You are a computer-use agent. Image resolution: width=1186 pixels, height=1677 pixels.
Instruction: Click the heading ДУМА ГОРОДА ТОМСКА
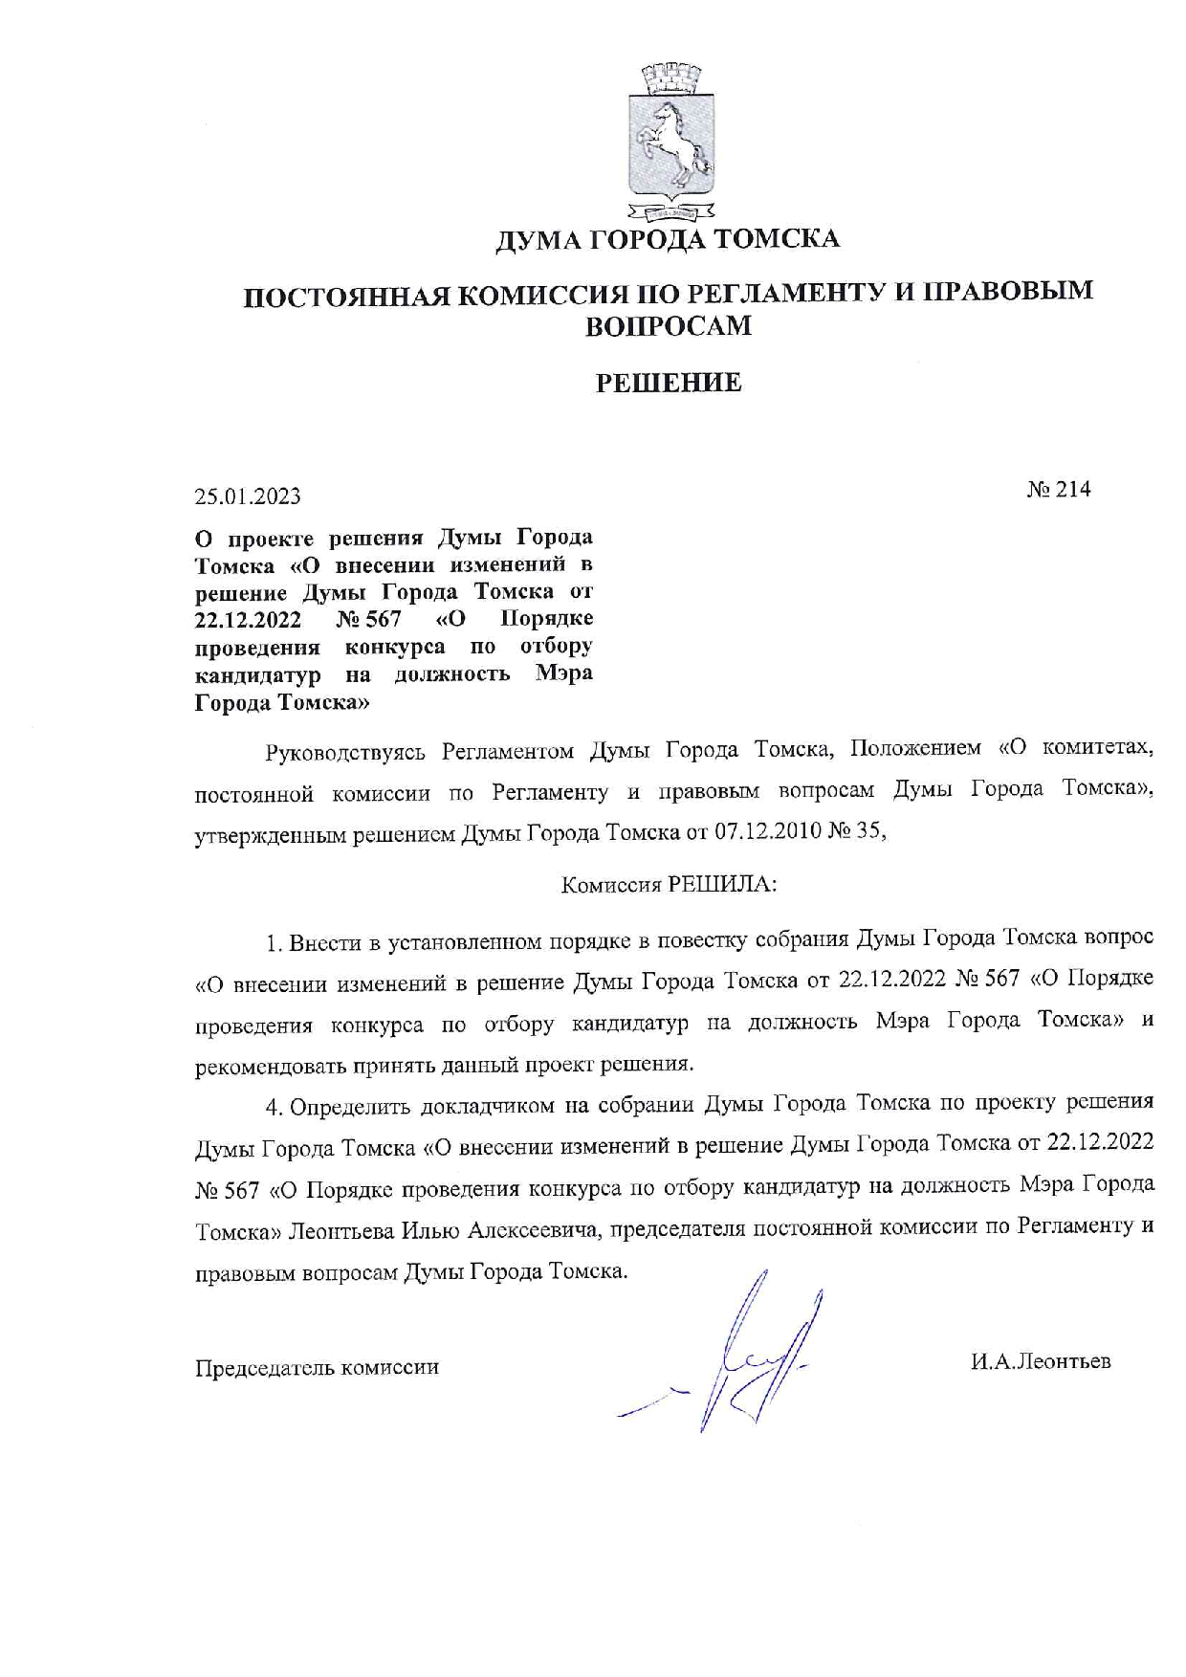[667, 238]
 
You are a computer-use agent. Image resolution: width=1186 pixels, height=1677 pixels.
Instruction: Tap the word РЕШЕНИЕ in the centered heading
[669, 384]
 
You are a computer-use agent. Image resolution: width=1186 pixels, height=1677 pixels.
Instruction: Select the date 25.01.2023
[248, 496]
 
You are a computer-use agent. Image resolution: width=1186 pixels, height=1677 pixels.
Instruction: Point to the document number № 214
[1058, 490]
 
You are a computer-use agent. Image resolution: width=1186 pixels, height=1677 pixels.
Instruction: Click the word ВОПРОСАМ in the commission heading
[669, 326]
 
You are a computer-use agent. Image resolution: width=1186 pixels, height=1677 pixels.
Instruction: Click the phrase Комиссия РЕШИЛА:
[669, 885]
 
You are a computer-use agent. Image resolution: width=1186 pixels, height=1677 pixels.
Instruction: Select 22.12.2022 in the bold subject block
[248, 620]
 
